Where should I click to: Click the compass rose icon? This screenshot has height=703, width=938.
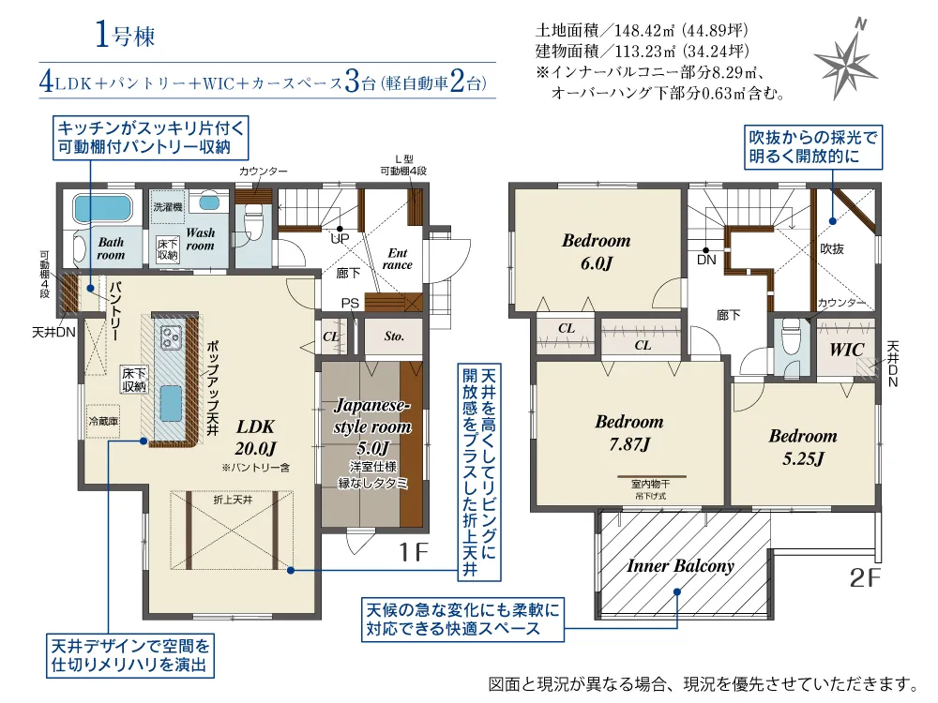[846, 63]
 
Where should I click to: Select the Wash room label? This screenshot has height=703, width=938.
[200, 239]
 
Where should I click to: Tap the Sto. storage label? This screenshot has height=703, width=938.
[394, 337]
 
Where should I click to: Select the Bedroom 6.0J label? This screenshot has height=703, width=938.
[596, 251]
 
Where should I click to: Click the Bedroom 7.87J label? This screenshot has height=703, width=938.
[628, 432]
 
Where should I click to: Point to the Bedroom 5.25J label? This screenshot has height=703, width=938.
[803, 447]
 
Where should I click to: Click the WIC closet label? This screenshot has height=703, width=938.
[846, 350]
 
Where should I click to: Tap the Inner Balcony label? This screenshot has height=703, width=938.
[680, 566]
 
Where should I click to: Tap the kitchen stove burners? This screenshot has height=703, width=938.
[172, 336]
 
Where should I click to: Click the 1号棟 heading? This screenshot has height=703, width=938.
[124, 37]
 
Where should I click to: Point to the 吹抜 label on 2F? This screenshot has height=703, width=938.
[832, 249]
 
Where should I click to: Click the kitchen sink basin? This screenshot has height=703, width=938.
[172, 406]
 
